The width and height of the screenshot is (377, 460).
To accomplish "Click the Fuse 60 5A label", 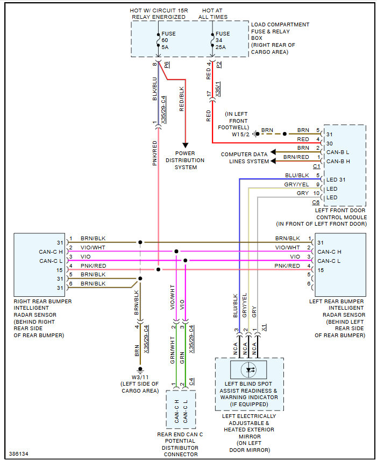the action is click(x=168, y=40).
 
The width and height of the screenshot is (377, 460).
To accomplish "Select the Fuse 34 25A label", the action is click(x=223, y=40).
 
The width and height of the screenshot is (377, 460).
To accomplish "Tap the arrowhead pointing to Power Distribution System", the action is click(x=185, y=145).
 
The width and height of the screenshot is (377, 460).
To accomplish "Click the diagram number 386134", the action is click(x=18, y=454).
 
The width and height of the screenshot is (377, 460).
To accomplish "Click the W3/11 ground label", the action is click(x=140, y=377).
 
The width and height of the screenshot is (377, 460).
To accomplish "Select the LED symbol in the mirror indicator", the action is click(x=248, y=370).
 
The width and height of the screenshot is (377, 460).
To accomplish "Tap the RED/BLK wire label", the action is click(x=182, y=99).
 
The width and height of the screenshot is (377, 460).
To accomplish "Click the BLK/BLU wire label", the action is click(x=155, y=88).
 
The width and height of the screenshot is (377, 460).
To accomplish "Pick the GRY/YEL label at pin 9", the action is click(x=296, y=185).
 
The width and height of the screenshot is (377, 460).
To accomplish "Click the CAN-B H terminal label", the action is click(x=338, y=162).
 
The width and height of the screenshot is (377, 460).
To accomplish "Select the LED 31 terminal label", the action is click(x=336, y=179).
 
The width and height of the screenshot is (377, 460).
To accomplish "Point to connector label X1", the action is click(x=264, y=327).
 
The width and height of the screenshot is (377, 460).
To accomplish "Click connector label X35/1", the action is click(x=218, y=89).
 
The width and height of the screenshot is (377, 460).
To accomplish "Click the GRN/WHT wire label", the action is click(x=173, y=350).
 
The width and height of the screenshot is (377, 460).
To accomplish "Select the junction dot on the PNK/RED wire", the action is click(x=158, y=269).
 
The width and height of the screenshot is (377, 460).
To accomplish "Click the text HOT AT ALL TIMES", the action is click(x=212, y=14).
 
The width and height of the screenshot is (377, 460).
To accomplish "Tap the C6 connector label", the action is click(x=316, y=203).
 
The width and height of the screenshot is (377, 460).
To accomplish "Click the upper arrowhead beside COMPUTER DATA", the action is click(x=273, y=152).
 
